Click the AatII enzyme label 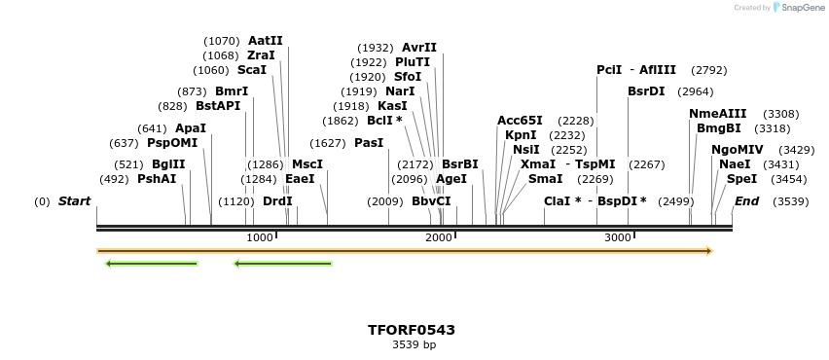pos(266,41)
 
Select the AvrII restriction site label pos(419,48)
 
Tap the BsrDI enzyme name pos(646,91)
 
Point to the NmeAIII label pos(717,114)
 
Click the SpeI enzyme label pos(741,179)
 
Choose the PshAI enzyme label pos(157,179)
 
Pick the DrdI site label pos(277,201)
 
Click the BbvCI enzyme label pos(431,201)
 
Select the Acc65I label pos(520,121)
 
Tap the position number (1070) pos(221,41)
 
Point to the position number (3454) pos(788,179)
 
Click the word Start pos(74,201)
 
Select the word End pos(746,201)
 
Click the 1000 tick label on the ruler pos(260,237)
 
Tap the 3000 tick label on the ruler pos(618,237)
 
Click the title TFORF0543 pos(412,330)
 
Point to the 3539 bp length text pos(414,344)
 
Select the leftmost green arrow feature pos(151,263)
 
